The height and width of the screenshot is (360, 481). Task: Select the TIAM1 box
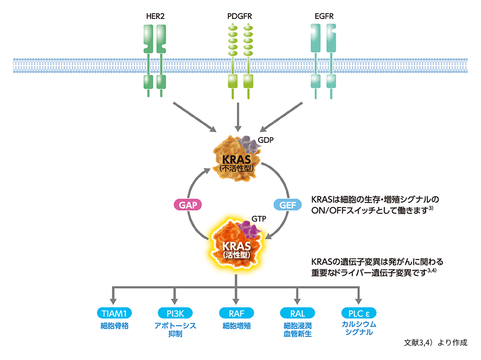[x=114, y=313]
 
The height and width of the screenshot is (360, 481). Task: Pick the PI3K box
[x=175, y=313]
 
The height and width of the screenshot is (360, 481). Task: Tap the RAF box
[x=236, y=313]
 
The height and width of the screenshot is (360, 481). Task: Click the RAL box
[x=297, y=313]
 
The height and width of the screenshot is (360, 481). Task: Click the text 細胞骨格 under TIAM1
[x=114, y=326]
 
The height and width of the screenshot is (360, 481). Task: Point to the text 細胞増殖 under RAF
[x=236, y=326]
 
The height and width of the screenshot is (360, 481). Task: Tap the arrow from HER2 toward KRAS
[x=193, y=116]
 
